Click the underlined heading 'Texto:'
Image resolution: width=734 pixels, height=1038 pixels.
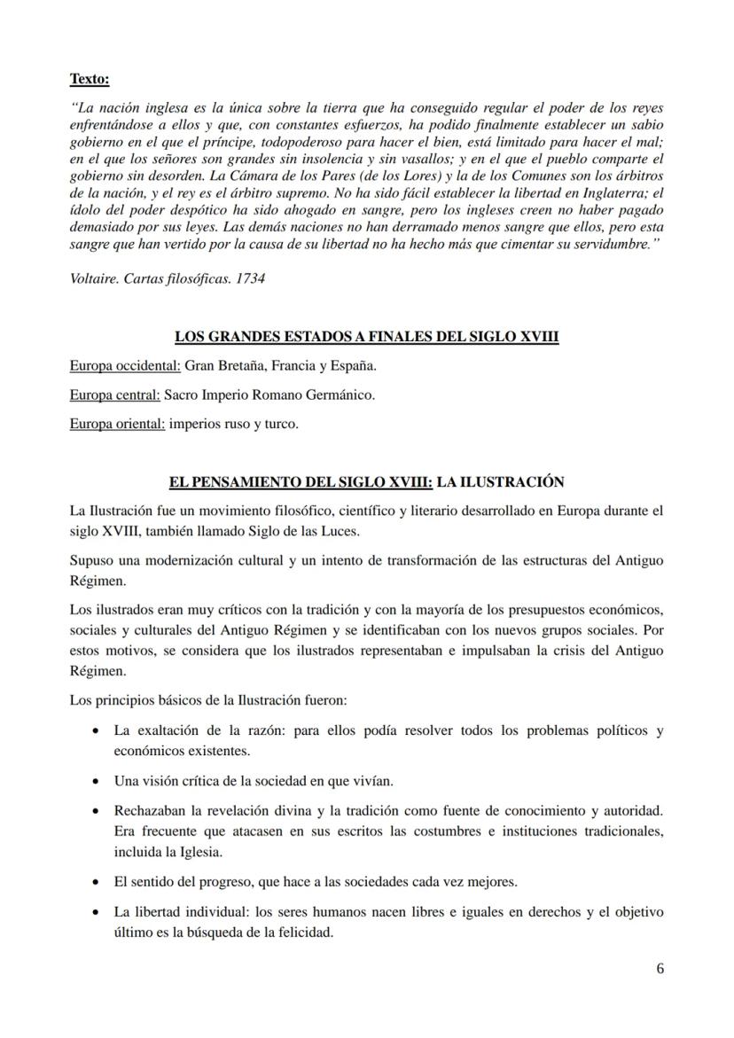point(90,80)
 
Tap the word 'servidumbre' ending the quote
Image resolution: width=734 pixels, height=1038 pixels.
point(606,244)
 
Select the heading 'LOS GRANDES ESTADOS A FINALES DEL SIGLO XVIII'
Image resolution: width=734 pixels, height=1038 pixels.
point(366,337)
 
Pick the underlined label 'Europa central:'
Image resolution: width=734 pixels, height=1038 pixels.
point(115,394)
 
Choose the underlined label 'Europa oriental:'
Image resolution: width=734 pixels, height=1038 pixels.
point(117,424)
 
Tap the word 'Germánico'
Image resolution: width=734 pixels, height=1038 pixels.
point(342,394)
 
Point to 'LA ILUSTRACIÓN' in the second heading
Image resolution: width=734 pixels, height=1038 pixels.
point(500,482)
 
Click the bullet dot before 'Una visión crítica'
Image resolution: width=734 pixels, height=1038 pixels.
point(95,782)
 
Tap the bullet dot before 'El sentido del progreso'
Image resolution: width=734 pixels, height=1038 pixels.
point(95,883)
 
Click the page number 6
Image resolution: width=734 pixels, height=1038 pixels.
point(660,968)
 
